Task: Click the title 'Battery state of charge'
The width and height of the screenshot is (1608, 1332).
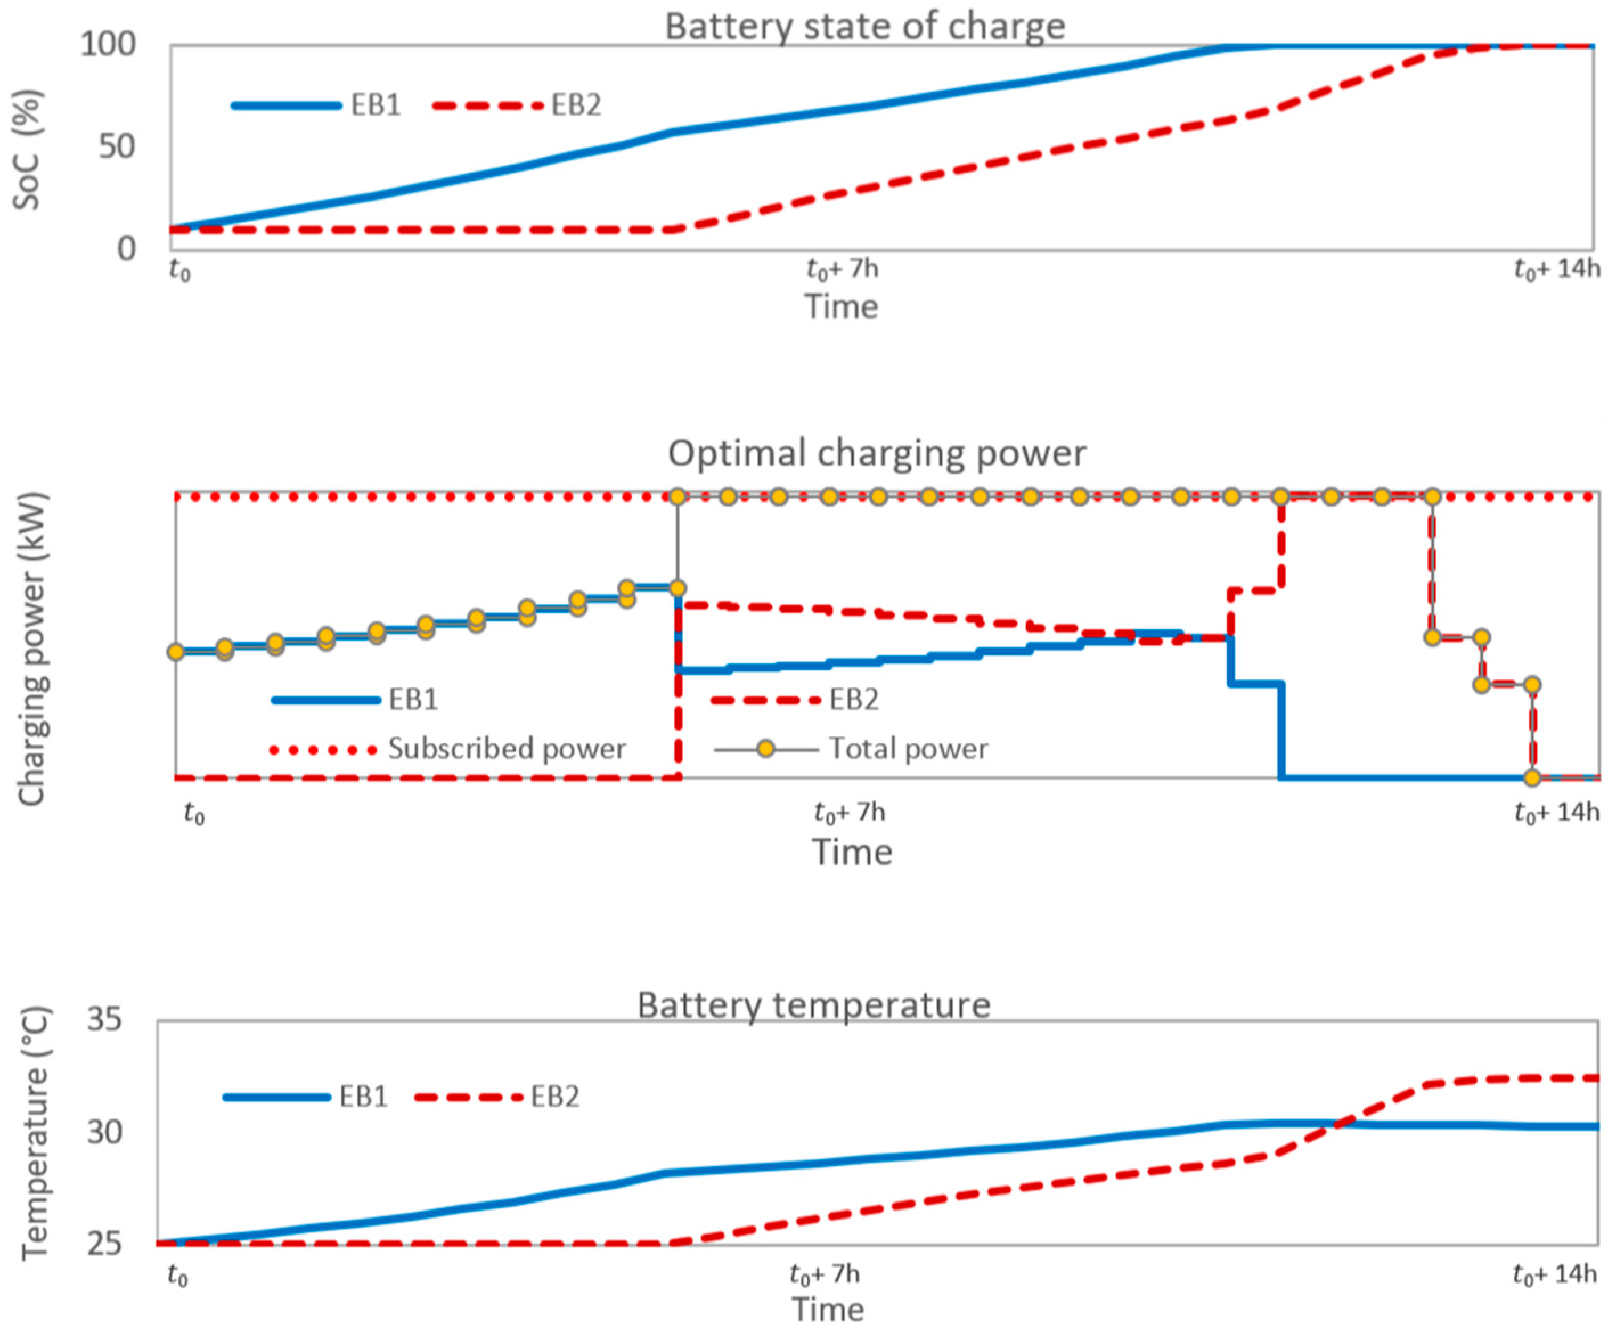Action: pyautogui.click(x=864, y=27)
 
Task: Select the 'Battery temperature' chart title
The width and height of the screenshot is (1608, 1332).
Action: pyautogui.click(x=813, y=1004)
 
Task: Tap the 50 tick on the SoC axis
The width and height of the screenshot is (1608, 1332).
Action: pyautogui.click(x=116, y=146)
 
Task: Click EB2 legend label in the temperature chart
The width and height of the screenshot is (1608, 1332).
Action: pyautogui.click(x=555, y=1097)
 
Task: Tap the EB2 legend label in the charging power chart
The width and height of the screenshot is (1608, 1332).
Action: pyautogui.click(x=854, y=699)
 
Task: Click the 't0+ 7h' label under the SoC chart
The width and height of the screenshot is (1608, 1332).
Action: pyautogui.click(x=842, y=270)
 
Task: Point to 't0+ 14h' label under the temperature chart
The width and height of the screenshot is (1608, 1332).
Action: pyautogui.click(x=1554, y=1274)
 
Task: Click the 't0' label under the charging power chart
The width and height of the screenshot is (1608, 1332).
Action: pyautogui.click(x=194, y=813)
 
